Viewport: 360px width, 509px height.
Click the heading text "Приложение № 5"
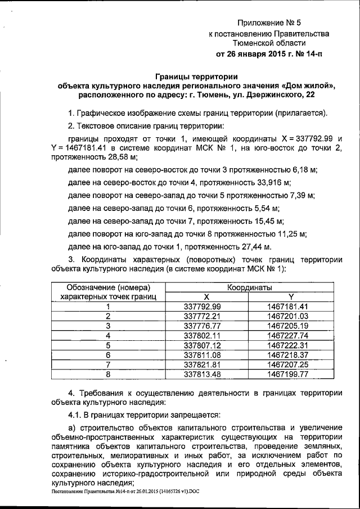(269, 23)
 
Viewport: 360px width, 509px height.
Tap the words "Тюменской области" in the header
(269, 43)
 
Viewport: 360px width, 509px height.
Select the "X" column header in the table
(206, 296)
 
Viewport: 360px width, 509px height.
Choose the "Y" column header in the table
(291, 296)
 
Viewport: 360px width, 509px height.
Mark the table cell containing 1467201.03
(289, 316)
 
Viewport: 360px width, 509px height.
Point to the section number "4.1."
(75, 415)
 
